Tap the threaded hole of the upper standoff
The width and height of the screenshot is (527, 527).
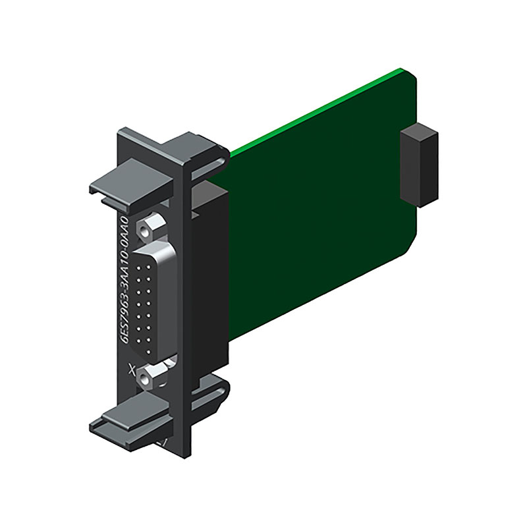145,232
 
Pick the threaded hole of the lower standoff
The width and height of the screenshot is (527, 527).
145,381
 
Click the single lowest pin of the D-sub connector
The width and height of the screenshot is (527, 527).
148,352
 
